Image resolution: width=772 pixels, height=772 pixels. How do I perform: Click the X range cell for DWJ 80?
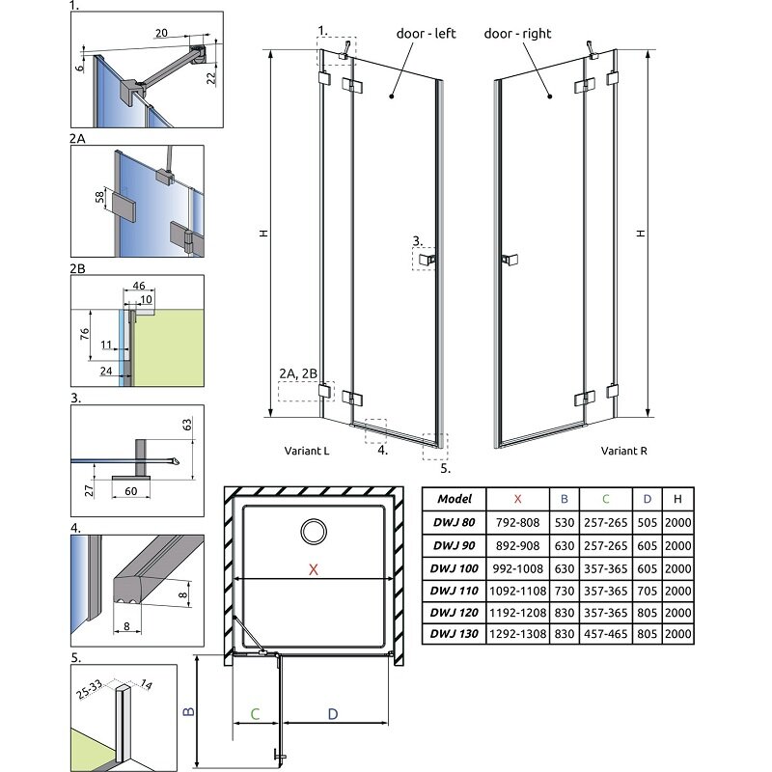[517, 522]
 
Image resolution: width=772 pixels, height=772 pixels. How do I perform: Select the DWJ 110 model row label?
[454, 591]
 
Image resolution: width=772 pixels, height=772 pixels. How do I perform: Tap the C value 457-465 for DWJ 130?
[606, 634]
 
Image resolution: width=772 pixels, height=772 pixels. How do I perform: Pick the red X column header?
[517, 499]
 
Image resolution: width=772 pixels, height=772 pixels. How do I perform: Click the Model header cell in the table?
[455, 499]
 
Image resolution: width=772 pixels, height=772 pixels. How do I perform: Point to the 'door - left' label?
[426, 34]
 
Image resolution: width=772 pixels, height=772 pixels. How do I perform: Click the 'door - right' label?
[517, 34]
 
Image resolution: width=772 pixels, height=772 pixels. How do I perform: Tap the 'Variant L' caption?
[307, 451]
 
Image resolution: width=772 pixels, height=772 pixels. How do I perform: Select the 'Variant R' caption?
[623, 451]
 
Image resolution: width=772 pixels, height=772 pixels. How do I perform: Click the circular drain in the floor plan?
[313, 532]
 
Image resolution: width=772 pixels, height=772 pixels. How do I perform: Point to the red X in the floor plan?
[313, 569]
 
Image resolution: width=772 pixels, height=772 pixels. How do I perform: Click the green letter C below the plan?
[255, 714]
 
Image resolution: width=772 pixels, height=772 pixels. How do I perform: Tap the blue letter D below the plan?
[333, 714]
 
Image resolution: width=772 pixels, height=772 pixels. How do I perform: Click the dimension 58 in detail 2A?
[100, 197]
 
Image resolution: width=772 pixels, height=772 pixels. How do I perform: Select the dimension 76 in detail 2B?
[85, 334]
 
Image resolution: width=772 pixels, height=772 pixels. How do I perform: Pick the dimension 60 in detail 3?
[131, 491]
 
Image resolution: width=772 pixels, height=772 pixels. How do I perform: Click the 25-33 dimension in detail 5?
[89, 689]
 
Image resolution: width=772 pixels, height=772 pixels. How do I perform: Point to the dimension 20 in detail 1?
[161, 33]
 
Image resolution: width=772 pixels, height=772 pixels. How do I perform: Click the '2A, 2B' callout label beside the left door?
[298, 373]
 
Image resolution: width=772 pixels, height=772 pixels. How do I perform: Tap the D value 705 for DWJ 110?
[647, 591]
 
